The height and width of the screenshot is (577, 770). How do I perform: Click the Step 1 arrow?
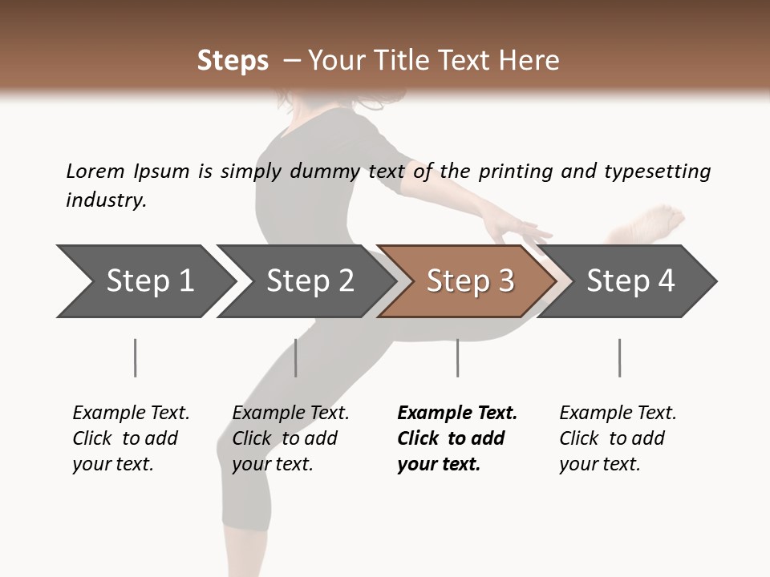tap(144, 281)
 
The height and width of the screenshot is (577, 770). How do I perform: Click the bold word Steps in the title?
tap(233, 61)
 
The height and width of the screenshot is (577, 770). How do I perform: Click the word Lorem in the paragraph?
tap(95, 171)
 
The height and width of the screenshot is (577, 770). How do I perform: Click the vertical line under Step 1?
tap(136, 357)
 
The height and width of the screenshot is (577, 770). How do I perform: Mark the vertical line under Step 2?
tap(296, 357)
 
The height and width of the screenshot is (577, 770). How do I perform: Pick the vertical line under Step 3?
tap(457, 357)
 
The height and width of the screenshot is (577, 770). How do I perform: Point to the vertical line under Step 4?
tap(619, 357)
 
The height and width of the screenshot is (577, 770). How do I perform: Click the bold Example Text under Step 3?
tap(457, 414)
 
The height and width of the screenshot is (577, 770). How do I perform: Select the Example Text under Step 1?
tap(131, 414)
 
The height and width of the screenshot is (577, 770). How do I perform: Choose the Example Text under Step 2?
tap(290, 414)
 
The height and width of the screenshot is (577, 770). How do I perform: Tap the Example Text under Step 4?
tap(618, 414)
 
